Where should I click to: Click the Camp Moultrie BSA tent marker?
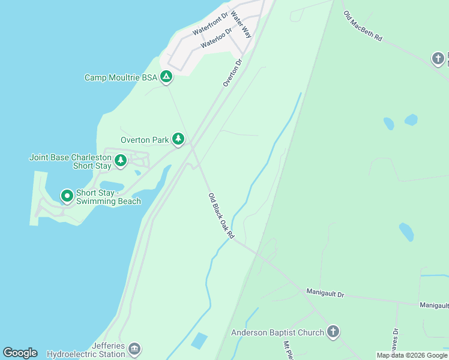166,77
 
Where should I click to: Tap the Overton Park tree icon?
178,139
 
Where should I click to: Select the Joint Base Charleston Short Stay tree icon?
121,160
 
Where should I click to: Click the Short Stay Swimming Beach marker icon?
67,195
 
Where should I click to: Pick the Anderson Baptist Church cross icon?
333,332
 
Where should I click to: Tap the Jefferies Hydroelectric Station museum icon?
134,349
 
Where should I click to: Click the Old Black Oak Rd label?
221,216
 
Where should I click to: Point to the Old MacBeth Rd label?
363,25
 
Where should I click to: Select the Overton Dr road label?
232,72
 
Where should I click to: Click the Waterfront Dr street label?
211,23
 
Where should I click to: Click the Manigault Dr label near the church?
325,292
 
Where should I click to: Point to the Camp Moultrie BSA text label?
120,77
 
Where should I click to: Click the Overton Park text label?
145,140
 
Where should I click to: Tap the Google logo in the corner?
20,353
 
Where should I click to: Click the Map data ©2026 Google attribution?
412,355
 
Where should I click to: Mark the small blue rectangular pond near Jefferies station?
199,341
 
